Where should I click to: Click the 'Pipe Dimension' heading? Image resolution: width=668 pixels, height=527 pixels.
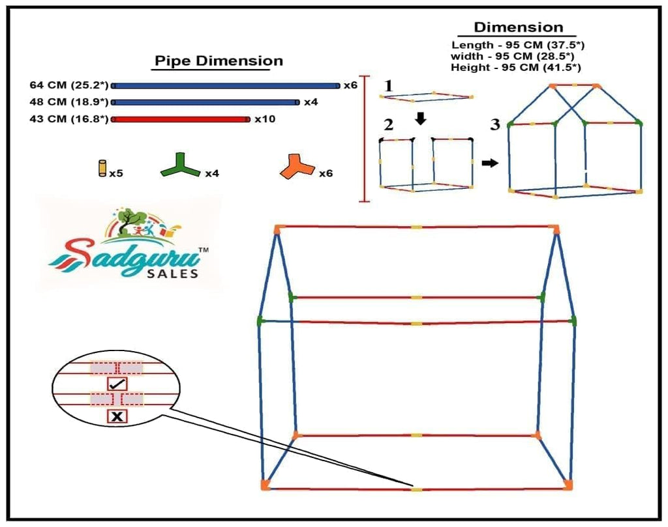[x=218, y=61]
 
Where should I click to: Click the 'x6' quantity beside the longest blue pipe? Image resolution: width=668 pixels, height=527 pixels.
[x=351, y=85]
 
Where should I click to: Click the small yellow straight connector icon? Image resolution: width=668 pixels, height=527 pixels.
[x=102, y=168]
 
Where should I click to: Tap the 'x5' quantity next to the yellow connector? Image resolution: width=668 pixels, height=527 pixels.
[x=116, y=174]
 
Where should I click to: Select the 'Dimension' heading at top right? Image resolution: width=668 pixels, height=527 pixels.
[x=518, y=27]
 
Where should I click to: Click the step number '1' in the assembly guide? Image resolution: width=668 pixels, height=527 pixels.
[x=389, y=85]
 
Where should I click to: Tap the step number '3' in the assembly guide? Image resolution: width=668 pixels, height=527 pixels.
[x=495, y=124]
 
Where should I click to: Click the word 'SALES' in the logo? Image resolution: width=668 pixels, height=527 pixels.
[x=175, y=274]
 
